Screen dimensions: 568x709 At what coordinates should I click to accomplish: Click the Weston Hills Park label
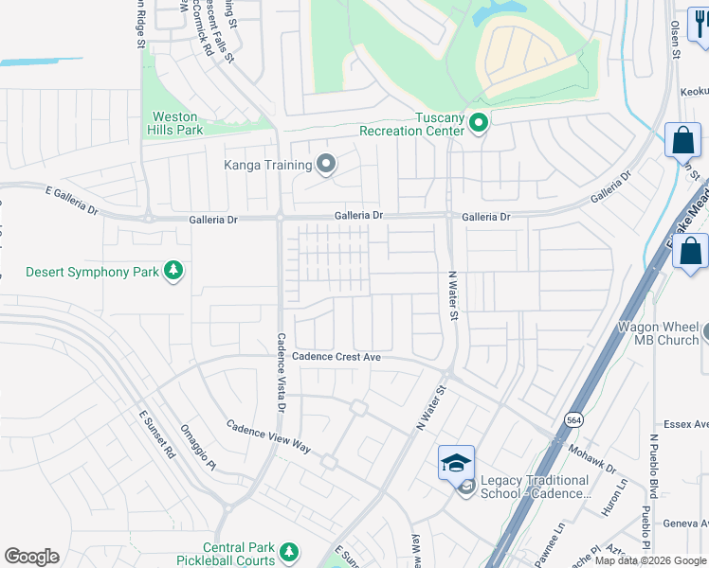click(175, 123)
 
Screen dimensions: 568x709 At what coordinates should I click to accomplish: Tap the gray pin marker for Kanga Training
click(326, 165)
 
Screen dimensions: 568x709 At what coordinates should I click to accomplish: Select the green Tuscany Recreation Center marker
click(479, 122)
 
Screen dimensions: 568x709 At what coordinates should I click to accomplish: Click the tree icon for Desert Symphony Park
click(173, 272)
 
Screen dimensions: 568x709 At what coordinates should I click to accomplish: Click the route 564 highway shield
click(573, 419)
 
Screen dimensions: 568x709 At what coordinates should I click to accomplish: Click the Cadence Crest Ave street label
click(336, 357)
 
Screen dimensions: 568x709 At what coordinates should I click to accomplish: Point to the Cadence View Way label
click(268, 435)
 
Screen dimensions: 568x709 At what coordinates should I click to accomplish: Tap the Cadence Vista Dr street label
click(281, 372)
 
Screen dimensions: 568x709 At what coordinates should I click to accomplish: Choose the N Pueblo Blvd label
click(653, 466)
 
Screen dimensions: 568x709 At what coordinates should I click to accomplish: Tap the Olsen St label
click(676, 41)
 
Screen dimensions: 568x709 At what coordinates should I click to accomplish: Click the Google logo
click(31, 557)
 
